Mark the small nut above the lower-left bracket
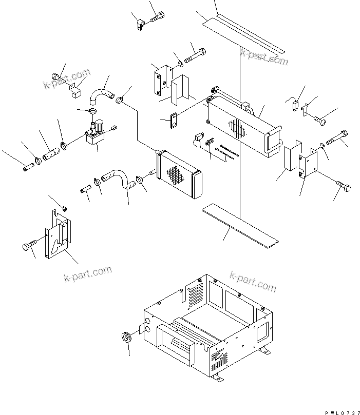[x=65, y=208]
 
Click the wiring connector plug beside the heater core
[x=198, y=139]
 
